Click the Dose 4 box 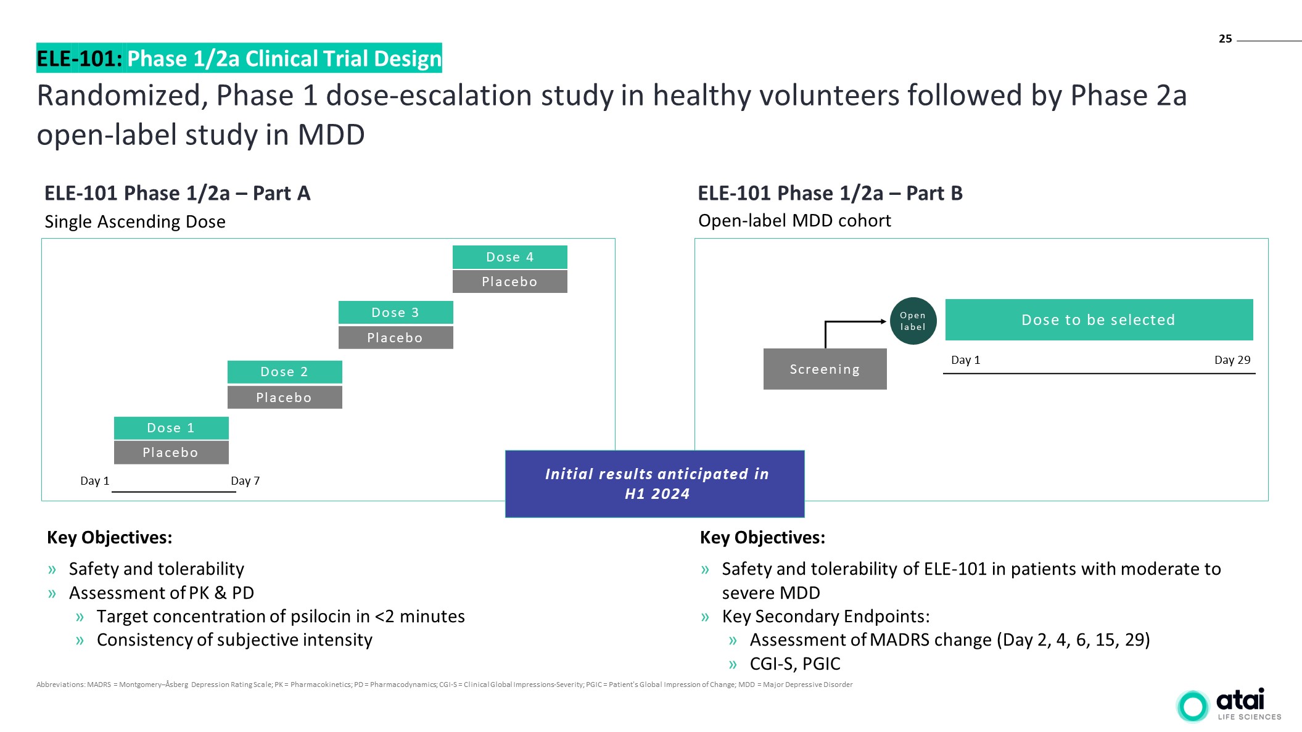pos(509,257)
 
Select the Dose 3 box pos(395,313)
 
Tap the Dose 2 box pos(284,372)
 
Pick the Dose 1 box pos(171,428)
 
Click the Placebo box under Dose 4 pos(509,282)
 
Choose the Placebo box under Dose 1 pos(171,453)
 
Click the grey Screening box pos(825,369)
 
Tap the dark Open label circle pos(913,321)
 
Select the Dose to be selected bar pos(1098,319)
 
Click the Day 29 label pos(1232,360)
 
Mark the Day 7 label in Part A pos(245,481)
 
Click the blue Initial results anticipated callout pos(654,483)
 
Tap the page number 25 pos(1225,39)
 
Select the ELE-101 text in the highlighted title pos(79,59)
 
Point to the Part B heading pos(830,194)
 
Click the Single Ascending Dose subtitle pos(135,221)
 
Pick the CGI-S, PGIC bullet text pos(794,664)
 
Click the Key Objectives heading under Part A pos(109,538)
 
